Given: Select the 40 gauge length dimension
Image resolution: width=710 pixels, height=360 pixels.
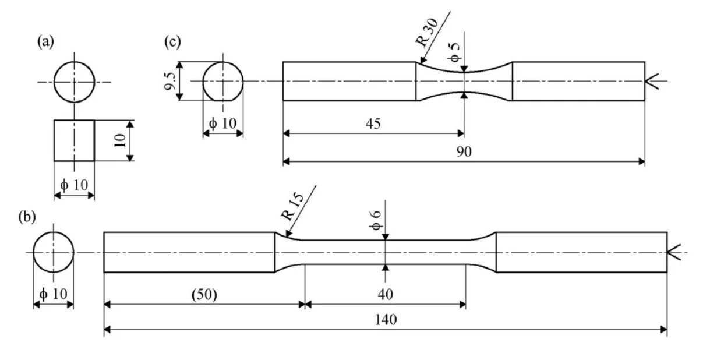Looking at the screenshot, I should (x=384, y=294).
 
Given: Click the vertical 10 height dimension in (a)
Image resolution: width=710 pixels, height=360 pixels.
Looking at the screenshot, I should (x=120, y=140).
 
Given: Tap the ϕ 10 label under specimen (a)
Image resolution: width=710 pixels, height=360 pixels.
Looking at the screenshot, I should (x=74, y=185).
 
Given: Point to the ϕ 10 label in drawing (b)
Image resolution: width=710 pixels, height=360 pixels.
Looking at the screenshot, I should (x=53, y=294).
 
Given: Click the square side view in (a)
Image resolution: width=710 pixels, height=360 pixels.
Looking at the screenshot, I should (x=74, y=140).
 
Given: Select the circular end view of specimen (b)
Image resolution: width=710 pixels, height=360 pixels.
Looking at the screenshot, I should (x=53, y=252).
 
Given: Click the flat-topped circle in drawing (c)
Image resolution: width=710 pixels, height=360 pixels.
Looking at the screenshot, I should (x=222, y=81).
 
